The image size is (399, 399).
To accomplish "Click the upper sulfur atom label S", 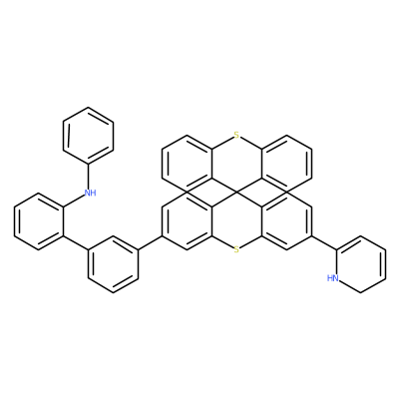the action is (236, 135).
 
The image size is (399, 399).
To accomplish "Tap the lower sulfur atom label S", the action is (236, 249).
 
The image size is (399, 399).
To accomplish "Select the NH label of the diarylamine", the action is (90, 193).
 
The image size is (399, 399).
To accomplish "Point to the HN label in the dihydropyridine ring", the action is (333, 278).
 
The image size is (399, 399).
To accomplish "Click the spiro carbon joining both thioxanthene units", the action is (236, 193).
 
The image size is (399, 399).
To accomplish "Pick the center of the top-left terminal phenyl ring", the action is (88, 136).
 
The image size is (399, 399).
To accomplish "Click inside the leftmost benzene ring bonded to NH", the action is (39, 221).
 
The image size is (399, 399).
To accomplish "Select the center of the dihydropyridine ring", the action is (361, 264).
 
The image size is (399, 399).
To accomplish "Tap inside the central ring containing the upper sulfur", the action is (236, 164).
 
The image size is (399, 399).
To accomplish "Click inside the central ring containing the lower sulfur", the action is (236, 221).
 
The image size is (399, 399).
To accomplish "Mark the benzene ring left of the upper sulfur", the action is (187, 164).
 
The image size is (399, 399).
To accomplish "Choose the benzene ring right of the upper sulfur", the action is (286, 164).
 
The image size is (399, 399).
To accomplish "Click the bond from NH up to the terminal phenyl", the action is (88, 177).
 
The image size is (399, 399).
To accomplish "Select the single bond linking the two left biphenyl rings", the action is (76, 242).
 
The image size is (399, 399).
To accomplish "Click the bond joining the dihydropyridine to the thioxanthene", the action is (323, 242).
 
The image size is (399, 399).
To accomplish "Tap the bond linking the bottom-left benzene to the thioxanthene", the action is (150, 242).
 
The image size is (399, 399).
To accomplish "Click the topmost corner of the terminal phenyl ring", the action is (88, 107).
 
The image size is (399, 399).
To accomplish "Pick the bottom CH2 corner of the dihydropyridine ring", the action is (361, 292).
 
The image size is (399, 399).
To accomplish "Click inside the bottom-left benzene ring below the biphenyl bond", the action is (113, 264).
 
